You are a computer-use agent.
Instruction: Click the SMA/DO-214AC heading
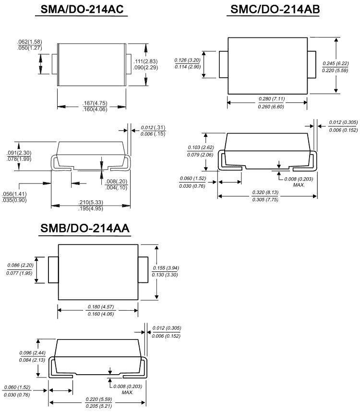[82, 10]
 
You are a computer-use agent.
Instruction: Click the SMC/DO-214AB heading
[275, 10]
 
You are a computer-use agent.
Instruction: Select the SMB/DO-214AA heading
[84, 229]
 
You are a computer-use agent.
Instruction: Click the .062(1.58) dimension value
[29, 42]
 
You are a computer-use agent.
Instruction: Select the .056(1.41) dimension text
[14, 194]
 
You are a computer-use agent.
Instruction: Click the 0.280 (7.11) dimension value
[272, 99]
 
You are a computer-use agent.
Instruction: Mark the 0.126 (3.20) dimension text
[186, 60]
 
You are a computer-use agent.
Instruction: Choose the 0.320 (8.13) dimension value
[266, 193]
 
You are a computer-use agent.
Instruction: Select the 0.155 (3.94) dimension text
[166, 268]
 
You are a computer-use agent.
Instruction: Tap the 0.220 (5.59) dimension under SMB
[99, 399]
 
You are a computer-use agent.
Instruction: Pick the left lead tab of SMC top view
[223, 64]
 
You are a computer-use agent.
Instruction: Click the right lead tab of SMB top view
[143, 270]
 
